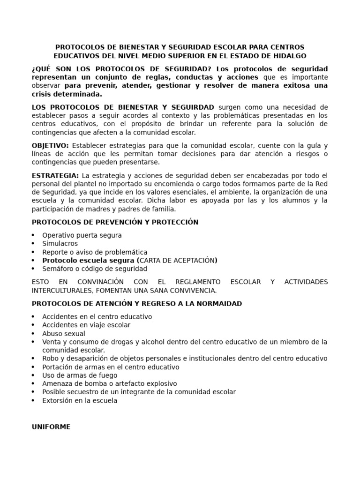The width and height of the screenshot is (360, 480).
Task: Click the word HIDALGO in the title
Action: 289,56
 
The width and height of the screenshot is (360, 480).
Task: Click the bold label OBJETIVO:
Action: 50,145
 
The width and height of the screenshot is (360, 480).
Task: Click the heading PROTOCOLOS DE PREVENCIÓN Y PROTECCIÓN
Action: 115,222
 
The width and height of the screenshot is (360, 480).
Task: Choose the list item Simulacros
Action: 60,244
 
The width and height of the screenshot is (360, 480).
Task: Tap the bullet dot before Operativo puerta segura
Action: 33,235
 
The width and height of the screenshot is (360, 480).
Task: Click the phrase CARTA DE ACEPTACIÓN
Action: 177,261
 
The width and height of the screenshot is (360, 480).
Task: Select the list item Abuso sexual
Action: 64,334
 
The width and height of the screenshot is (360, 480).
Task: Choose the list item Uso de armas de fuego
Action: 80,375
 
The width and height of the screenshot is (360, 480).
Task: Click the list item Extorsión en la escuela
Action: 80,401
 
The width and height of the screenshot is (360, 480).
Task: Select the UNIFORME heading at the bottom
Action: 51,427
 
